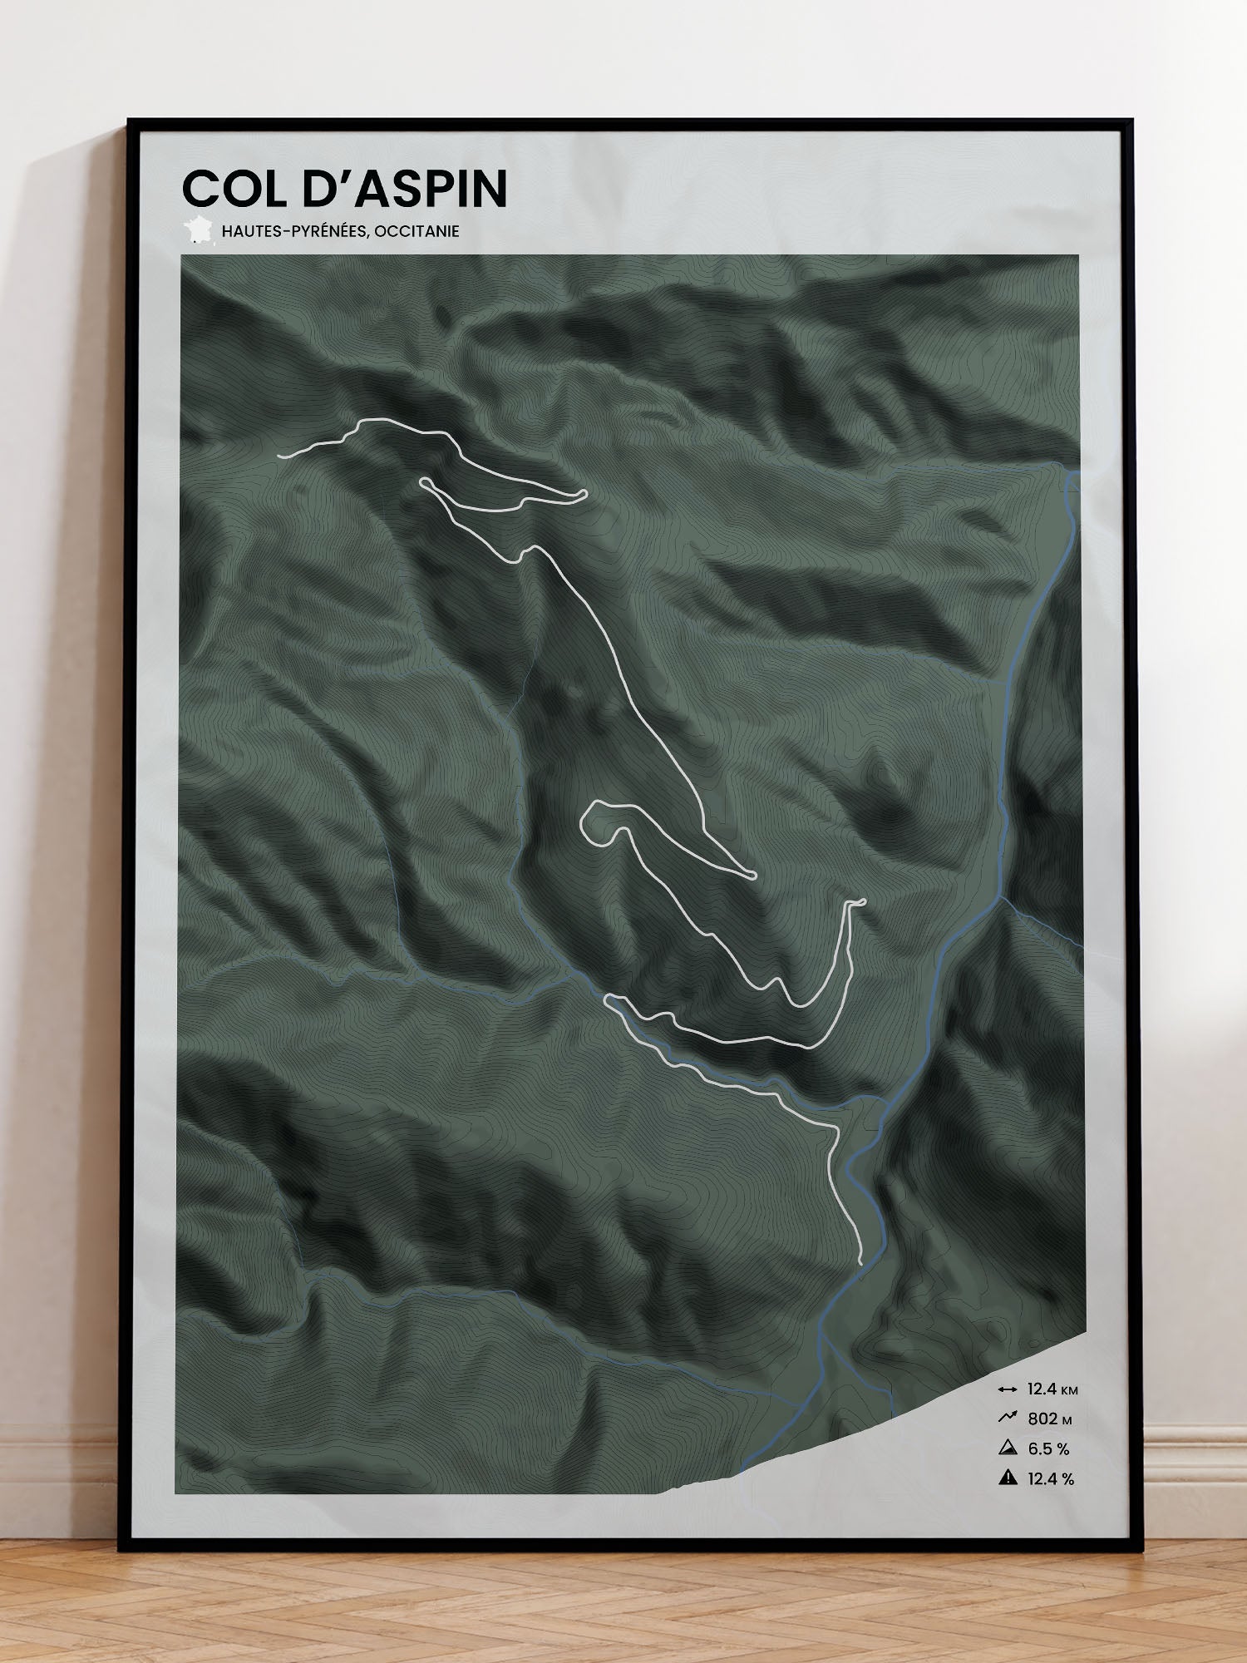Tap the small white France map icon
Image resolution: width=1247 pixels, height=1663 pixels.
pos(198,229)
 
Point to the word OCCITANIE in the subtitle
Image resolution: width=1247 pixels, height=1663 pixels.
pos(416,231)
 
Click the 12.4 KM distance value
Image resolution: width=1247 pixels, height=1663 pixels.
pos(1052,1389)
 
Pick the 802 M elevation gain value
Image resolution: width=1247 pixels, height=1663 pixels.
pos(1049,1419)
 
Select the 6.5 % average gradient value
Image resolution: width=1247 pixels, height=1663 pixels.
pos(1048,1449)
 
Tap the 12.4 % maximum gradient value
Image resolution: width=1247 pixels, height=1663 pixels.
pos(1051,1479)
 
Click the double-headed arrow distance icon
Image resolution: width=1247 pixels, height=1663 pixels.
pos(1008,1389)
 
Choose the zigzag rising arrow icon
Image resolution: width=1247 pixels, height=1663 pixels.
pos(1008,1419)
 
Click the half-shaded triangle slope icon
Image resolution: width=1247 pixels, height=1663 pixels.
pos(1008,1448)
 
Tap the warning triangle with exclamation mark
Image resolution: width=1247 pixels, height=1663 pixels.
pos(1008,1478)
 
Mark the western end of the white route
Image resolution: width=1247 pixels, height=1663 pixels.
pos(281,456)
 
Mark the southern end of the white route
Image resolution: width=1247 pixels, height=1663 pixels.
pos(860,1262)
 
